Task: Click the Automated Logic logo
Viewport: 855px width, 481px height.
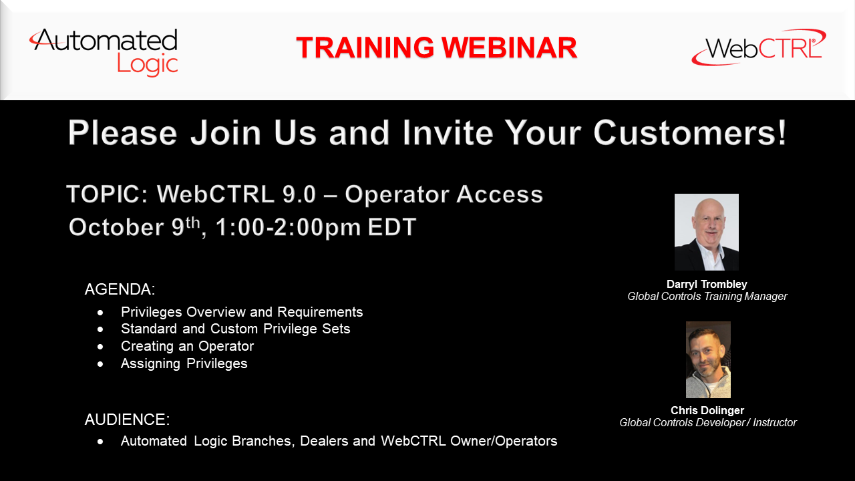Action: pyautogui.click(x=104, y=52)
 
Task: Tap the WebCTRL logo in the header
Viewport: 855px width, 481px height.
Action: pyautogui.click(x=759, y=47)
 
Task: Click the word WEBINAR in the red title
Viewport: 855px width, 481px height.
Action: pyautogui.click(x=510, y=47)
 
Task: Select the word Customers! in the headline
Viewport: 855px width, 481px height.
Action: pyautogui.click(x=690, y=132)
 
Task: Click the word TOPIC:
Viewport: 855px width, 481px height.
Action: pyautogui.click(x=108, y=194)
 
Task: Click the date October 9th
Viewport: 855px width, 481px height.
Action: pyautogui.click(x=134, y=226)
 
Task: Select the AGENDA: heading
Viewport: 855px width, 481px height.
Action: pyautogui.click(x=120, y=289)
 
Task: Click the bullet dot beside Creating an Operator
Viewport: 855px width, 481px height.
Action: pyautogui.click(x=100, y=347)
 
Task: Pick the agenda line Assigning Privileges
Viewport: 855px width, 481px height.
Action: pyautogui.click(x=184, y=363)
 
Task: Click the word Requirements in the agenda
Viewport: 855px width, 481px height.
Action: pyautogui.click(x=320, y=312)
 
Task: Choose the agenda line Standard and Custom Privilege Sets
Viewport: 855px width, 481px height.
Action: pyautogui.click(x=236, y=329)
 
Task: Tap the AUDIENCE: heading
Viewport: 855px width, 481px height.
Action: pyautogui.click(x=127, y=420)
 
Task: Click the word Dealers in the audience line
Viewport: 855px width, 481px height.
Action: pyautogui.click(x=324, y=441)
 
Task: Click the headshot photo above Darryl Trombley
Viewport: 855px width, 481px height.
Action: pyautogui.click(x=707, y=232)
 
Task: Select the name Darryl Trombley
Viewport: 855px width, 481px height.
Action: pyautogui.click(x=707, y=284)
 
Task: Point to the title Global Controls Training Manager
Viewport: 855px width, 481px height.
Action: pyautogui.click(x=707, y=296)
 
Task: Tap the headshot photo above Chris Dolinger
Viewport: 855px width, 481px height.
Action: pyautogui.click(x=709, y=359)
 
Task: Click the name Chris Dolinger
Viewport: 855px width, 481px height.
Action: pyautogui.click(x=707, y=410)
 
